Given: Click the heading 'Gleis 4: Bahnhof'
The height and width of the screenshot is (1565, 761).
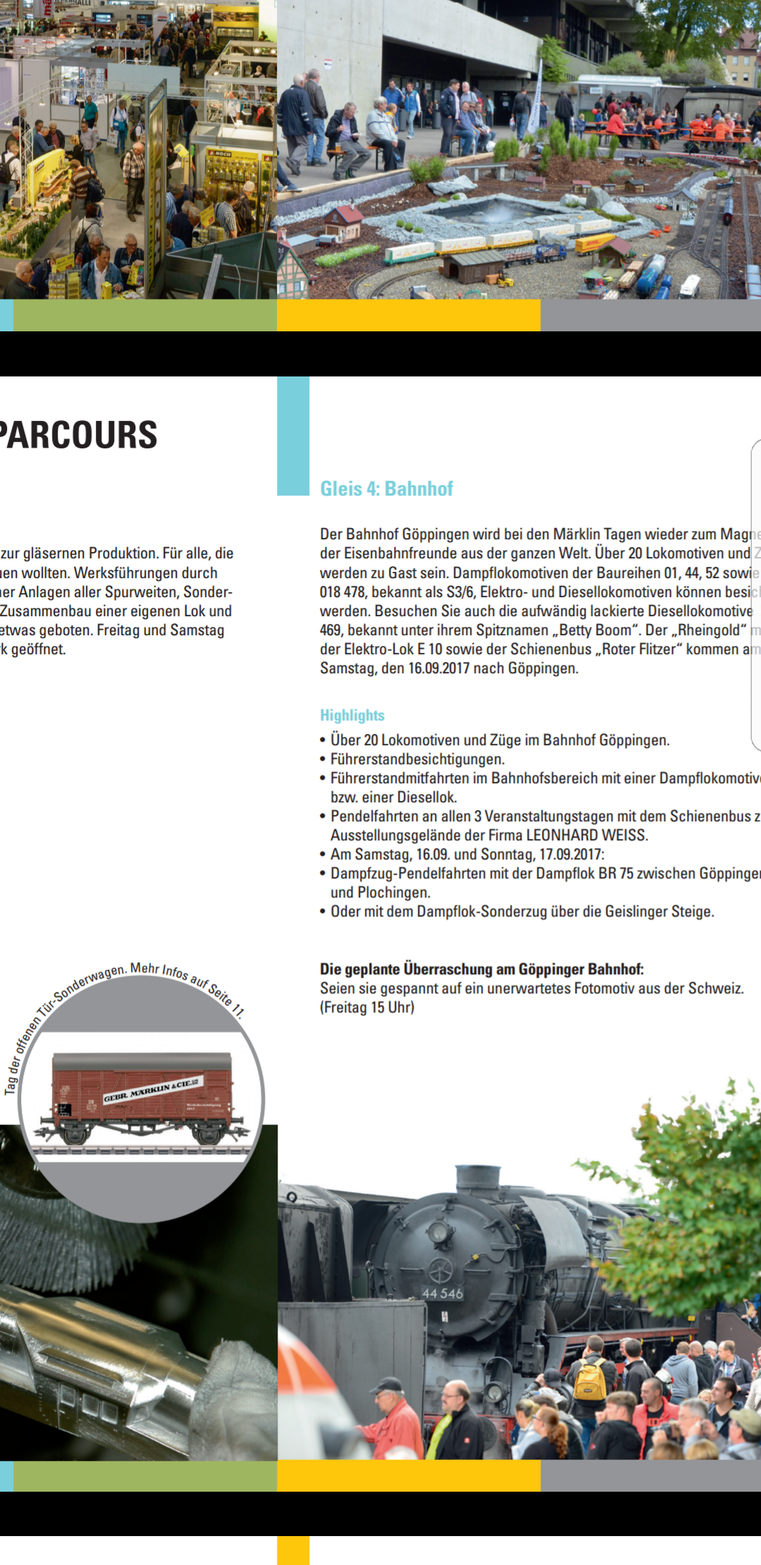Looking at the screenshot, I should pyautogui.click(x=386, y=489).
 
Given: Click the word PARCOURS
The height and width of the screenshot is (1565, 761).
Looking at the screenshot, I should pyautogui.click(x=79, y=435).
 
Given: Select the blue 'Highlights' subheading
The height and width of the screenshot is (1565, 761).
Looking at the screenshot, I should pyautogui.click(x=352, y=716).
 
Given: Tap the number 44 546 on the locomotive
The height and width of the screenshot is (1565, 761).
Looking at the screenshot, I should pyautogui.click(x=443, y=1294).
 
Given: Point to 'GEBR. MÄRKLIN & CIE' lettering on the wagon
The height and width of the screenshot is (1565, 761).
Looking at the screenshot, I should pyautogui.click(x=152, y=1089).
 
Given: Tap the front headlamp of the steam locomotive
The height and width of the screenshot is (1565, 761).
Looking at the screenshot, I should pyautogui.click(x=439, y=1232).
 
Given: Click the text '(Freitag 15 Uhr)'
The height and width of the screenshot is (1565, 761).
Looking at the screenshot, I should pyautogui.click(x=367, y=1007).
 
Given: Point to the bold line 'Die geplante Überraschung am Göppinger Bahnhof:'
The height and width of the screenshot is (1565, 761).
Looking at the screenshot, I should pyautogui.click(x=482, y=969).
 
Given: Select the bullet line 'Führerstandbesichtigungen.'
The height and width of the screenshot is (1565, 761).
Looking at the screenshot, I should pyautogui.click(x=417, y=759).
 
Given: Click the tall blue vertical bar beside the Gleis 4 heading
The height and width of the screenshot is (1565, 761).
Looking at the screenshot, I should pyautogui.click(x=293, y=436).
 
